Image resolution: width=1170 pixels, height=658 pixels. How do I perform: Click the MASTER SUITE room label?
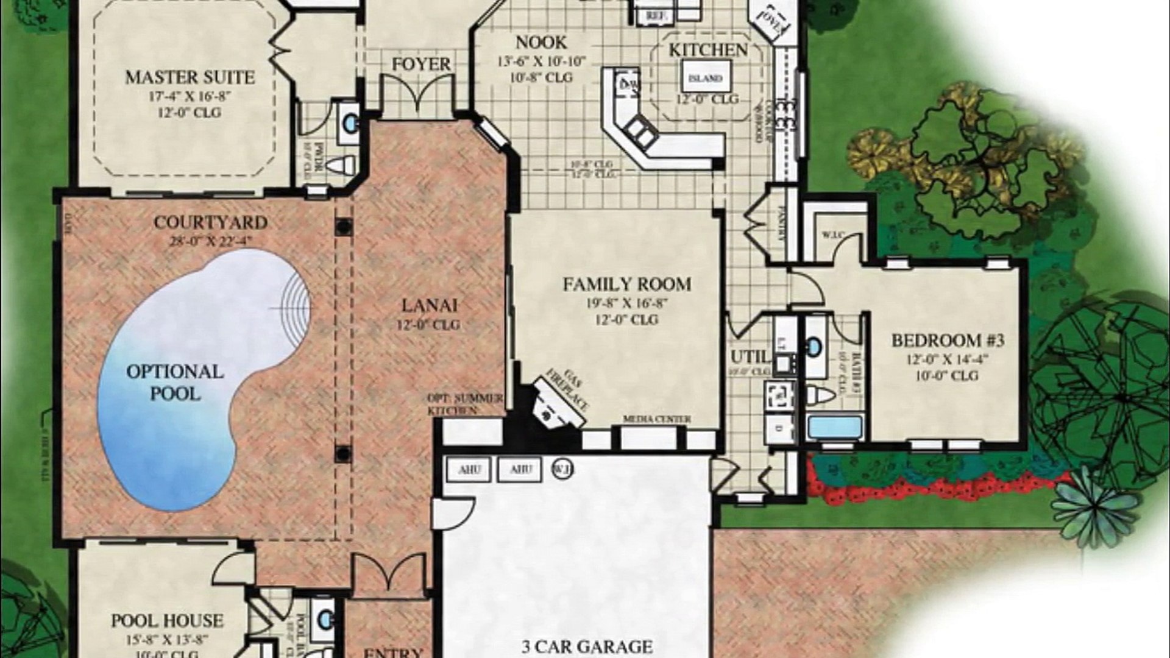click(x=190, y=78)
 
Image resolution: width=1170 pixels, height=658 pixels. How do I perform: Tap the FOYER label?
click(x=420, y=64)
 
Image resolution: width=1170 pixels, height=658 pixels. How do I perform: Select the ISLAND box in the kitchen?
click(x=705, y=79)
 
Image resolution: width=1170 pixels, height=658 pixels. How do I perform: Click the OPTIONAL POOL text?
click(x=175, y=382)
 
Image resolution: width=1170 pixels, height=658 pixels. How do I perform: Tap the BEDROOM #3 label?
click(x=948, y=340)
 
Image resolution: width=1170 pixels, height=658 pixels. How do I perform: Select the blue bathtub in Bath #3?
click(x=835, y=426)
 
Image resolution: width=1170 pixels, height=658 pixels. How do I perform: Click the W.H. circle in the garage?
click(x=562, y=469)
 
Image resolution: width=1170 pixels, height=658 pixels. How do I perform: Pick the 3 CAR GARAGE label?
click(x=587, y=646)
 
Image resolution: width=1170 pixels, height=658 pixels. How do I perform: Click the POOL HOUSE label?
click(x=167, y=621)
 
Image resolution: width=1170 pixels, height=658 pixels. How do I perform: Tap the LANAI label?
click(x=430, y=305)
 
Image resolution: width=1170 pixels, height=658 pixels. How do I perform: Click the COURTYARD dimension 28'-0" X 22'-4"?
click(x=210, y=241)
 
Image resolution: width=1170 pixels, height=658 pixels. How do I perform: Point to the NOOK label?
click(x=541, y=43)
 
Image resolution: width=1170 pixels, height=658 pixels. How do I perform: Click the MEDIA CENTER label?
click(x=656, y=419)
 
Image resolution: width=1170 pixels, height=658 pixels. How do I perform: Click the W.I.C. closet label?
click(x=832, y=235)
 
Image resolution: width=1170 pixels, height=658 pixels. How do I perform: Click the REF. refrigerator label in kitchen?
click(x=655, y=15)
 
